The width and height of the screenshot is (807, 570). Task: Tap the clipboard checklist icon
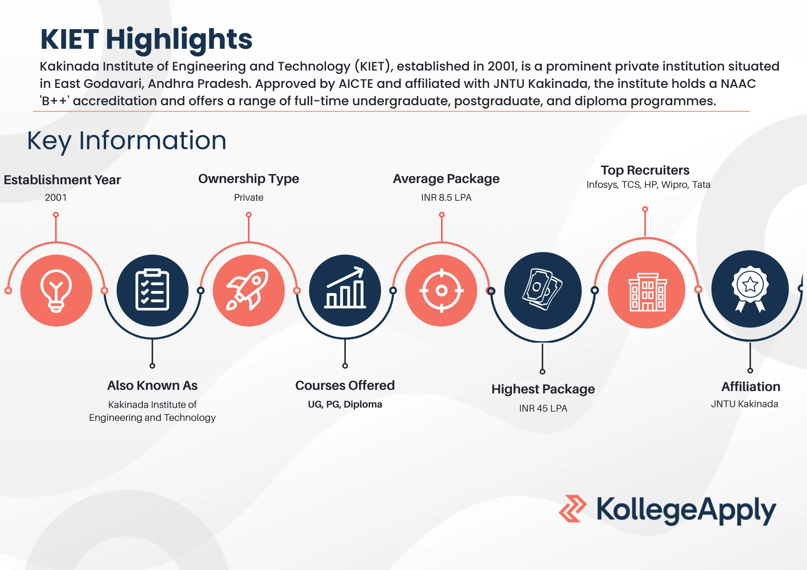click(x=152, y=290)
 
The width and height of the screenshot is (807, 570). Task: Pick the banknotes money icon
click(x=543, y=290)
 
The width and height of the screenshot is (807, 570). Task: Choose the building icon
click(x=647, y=291)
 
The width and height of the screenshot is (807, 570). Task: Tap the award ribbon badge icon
click(x=750, y=289)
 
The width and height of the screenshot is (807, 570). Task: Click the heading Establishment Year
click(x=62, y=180)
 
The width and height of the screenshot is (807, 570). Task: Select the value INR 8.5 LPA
click(x=446, y=198)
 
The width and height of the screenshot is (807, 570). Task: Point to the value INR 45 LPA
click(x=543, y=408)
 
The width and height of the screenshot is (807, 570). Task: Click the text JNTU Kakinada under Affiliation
click(x=744, y=404)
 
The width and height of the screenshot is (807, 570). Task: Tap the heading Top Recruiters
click(x=645, y=170)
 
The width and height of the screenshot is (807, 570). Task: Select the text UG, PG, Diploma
click(x=345, y=404)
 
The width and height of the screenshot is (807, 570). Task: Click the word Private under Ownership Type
click(x=249, y=198)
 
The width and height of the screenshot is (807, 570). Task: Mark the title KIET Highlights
click(x=146, y=40)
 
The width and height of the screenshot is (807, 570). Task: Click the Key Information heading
click(x=127, y=141)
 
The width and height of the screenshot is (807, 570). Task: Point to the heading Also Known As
click(x=153, y=385)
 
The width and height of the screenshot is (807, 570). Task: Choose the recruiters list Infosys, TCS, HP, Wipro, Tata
click(x=648, y=185)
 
